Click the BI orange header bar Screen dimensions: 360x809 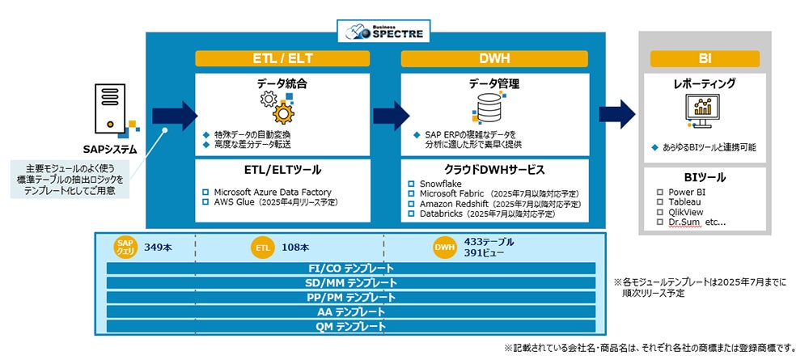click(704, 58)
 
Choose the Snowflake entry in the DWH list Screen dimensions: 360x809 click(441, 184)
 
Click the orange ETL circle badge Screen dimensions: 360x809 click(261, 248)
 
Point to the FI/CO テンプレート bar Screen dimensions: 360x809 click(351, 269)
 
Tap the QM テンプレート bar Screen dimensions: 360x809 click(351, 326)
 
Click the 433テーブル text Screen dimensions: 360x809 click(489, 242)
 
